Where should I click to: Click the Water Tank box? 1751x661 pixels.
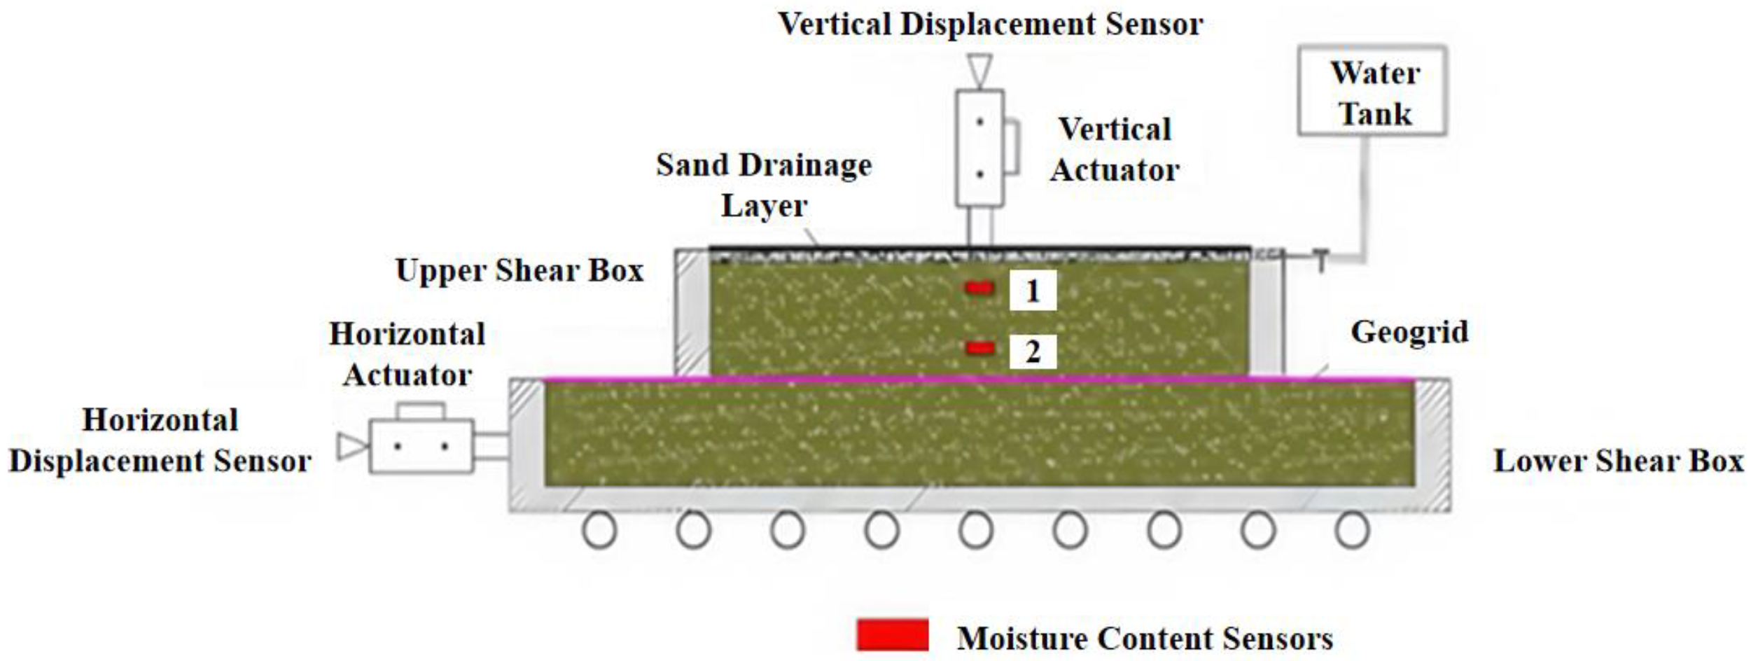click(x=1372, y=91)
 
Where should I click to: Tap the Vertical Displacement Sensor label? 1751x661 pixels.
click(x=991, y=25)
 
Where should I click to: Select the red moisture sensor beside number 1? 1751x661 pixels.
click(x=979, y=287)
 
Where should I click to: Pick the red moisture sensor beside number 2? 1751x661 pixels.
click(x=979, y=348)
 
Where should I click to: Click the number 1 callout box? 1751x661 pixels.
click(x=1032, y=291)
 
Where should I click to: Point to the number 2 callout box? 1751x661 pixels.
click(x=1032, y=352)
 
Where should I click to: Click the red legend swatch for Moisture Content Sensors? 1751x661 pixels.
click(x=893, y=635)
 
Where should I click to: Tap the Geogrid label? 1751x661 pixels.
click(x=1409, y=332)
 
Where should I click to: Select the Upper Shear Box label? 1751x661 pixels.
click(x=519, y=270)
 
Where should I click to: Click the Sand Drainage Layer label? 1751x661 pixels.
click(x=764, y=185)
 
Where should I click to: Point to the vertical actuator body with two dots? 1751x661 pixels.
click(x=979, y=148)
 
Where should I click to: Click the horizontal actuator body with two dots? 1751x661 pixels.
click(x=421, y=446)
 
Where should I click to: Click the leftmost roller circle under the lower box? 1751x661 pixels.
click(x=599, y=530)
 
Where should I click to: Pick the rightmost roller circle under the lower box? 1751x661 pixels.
click(x=1352, y=530)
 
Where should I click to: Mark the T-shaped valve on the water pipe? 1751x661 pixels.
click(x=1320, y=260)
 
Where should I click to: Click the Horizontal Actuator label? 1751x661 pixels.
click(x=407, y=354)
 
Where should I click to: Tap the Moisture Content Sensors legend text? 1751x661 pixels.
click(x=1145, y=638)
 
